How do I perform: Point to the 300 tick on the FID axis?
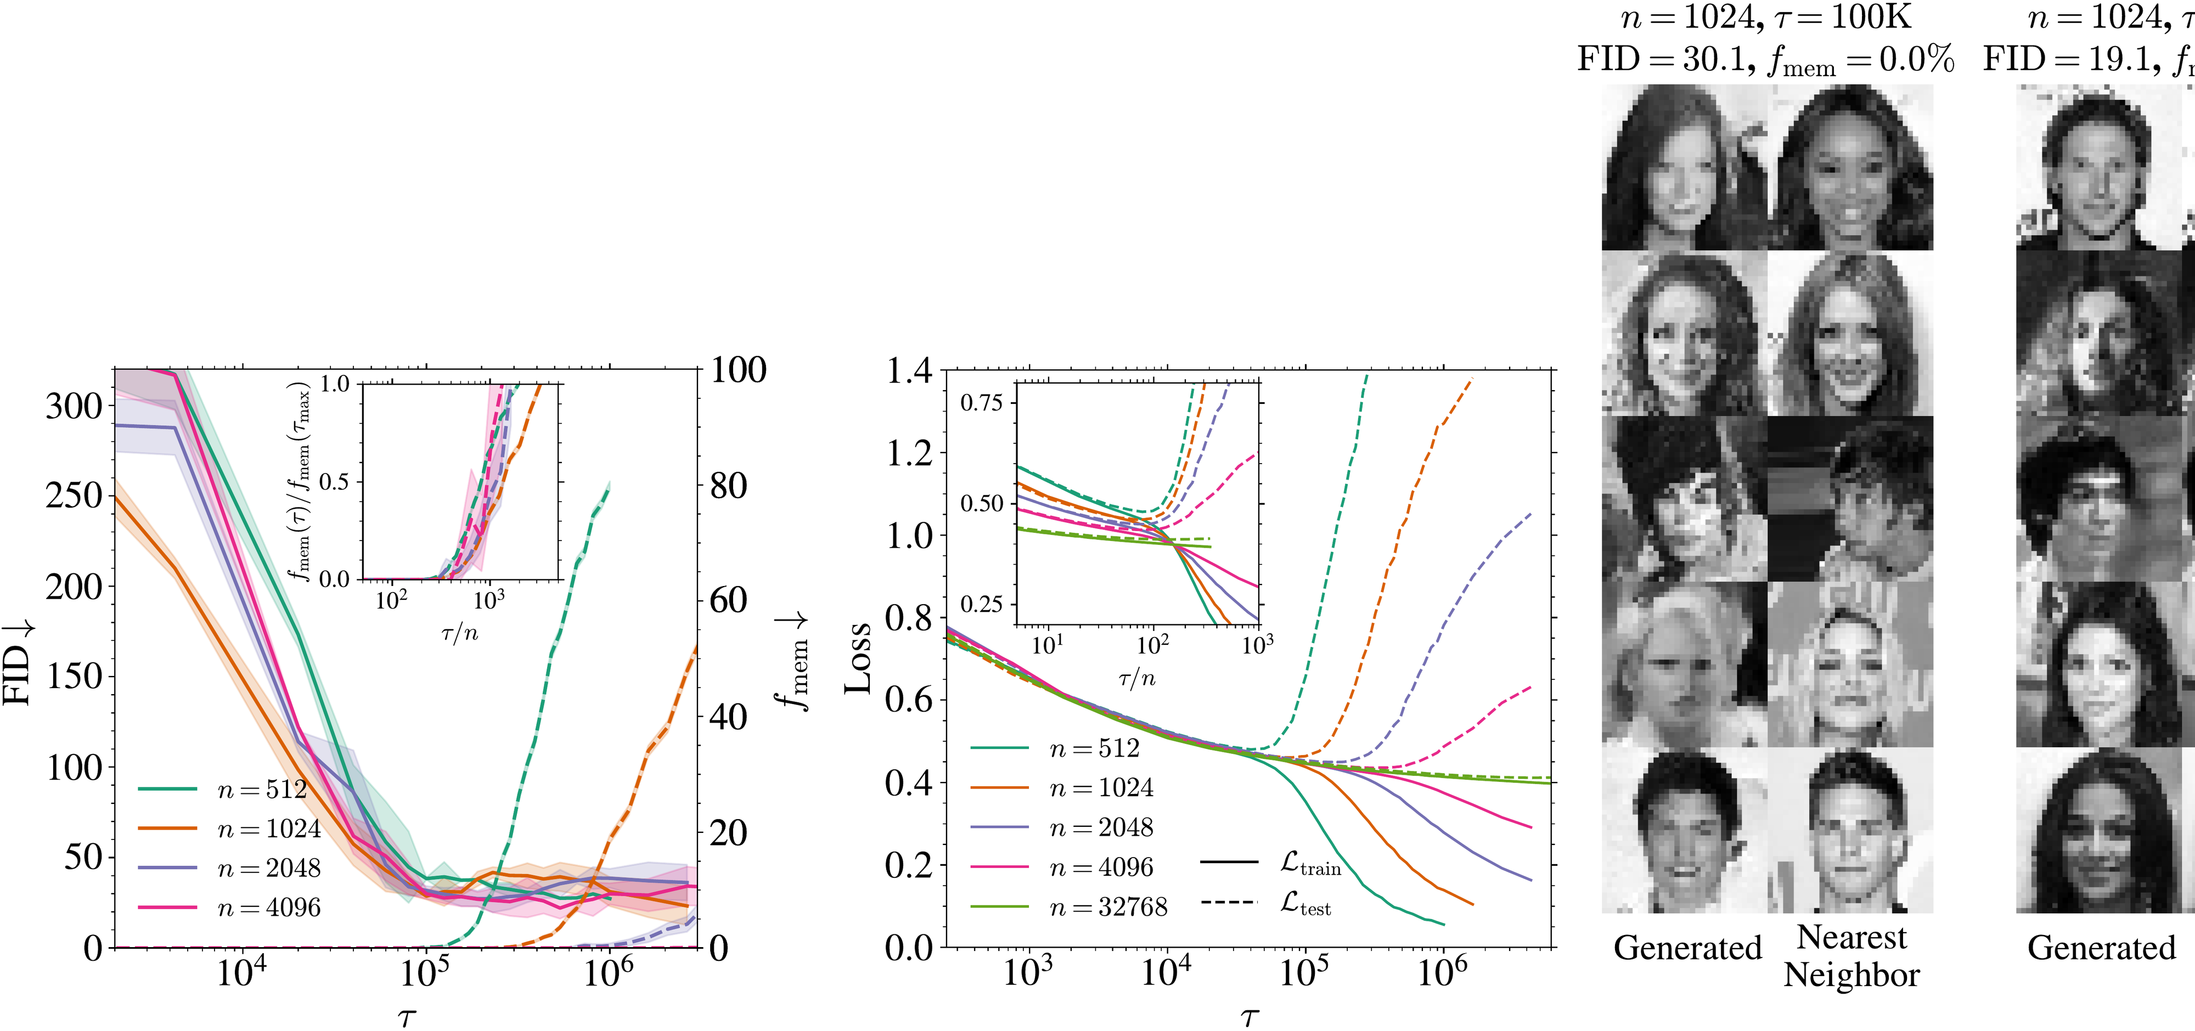74,407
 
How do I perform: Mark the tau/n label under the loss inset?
1136,678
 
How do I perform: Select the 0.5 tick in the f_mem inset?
334,482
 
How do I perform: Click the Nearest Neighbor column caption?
1851,956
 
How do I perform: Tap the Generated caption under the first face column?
1687,948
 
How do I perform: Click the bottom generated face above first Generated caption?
1685,831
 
